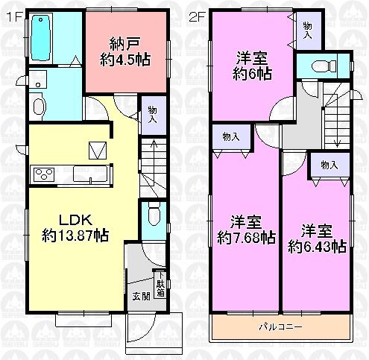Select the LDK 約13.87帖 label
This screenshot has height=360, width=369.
click(75, 227)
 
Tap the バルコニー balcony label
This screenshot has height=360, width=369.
click(281, 326)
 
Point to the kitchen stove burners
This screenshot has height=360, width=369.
click(42, 175)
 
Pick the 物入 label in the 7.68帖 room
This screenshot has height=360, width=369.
click(231, 137)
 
